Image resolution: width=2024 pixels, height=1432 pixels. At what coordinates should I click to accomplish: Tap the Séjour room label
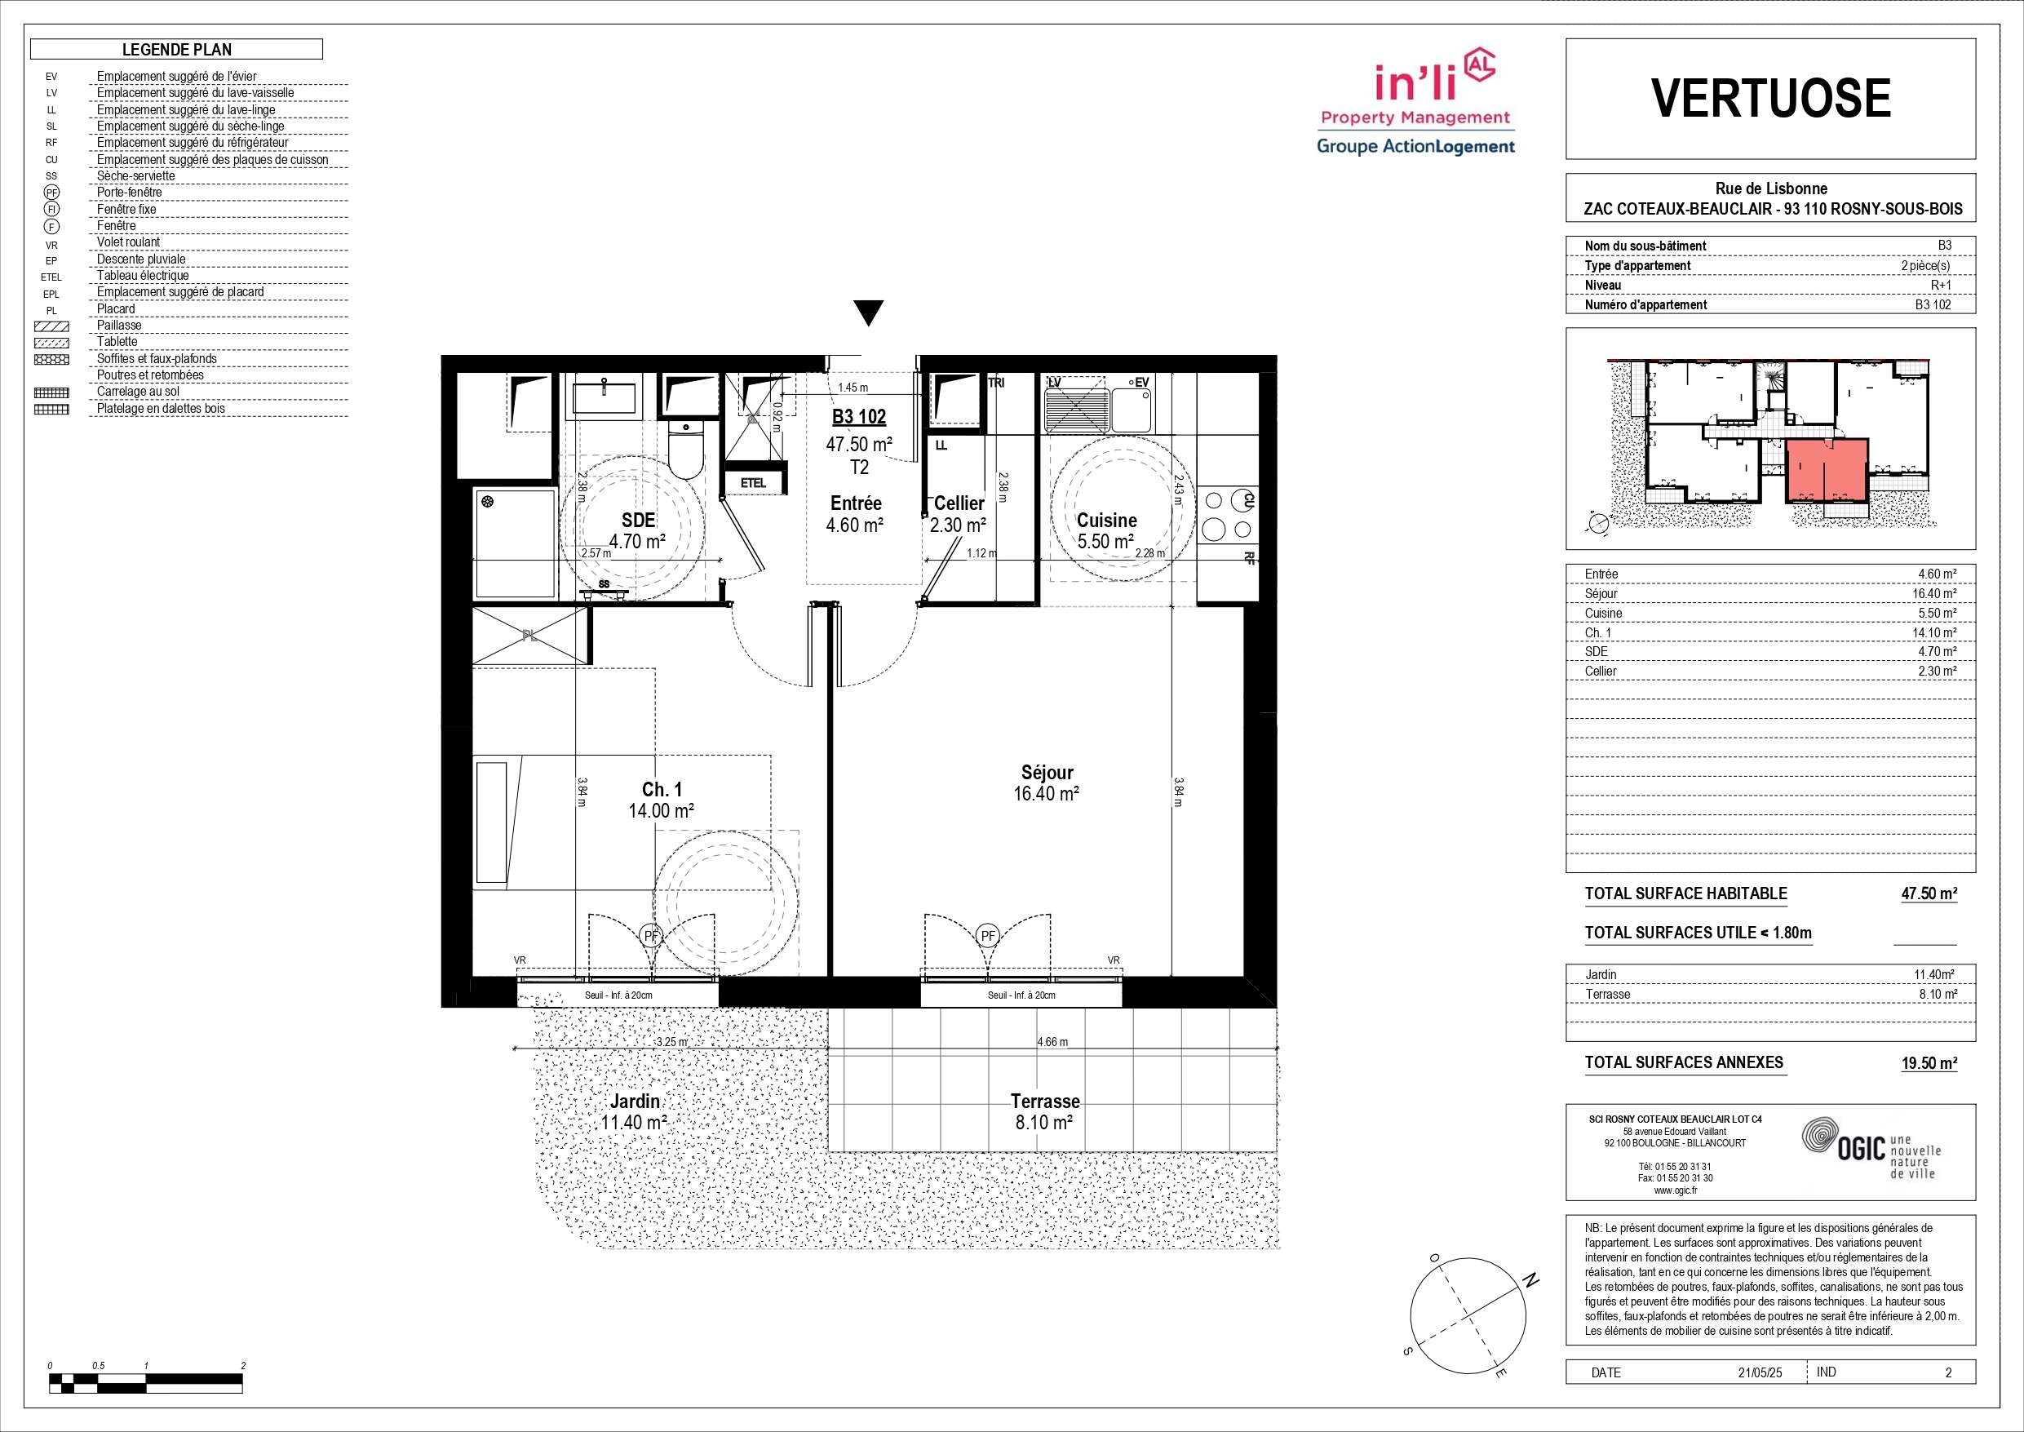point(1047,773)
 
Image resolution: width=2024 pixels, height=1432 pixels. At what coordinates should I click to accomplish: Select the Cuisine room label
point(1107,521)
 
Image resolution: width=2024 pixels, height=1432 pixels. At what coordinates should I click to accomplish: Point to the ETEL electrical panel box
point(753,482)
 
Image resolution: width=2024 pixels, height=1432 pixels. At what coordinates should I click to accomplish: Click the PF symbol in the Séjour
point(988,936)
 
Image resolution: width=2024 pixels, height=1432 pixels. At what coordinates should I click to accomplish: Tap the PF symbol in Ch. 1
point(652,936)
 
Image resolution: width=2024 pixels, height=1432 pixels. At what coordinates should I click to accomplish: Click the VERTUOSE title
point(1771,98)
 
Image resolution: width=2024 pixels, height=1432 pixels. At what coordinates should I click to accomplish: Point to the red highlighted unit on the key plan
point(1827,470)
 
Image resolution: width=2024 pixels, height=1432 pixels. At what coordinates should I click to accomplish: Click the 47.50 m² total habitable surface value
point(1929,893)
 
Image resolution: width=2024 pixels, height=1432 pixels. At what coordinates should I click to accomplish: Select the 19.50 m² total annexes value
point(1929,1062)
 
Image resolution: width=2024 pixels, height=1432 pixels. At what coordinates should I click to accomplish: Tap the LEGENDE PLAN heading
point(176,50)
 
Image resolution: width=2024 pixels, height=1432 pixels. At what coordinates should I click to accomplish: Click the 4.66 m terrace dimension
point(1052,1041)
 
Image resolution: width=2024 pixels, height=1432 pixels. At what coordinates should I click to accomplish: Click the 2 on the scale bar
point(243,1366)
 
